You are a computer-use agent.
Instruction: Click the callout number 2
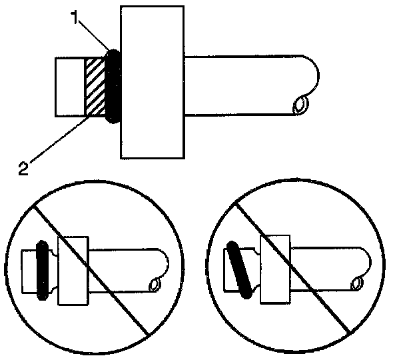[x=23, y=167]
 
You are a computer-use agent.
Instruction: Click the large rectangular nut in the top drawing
[x=152, y=83]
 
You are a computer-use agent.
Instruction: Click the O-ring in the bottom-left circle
[x=42, y=270]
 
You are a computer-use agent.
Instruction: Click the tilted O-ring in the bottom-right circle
[x=238, y=268]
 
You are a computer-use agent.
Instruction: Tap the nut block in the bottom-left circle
[x=73, y=270]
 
